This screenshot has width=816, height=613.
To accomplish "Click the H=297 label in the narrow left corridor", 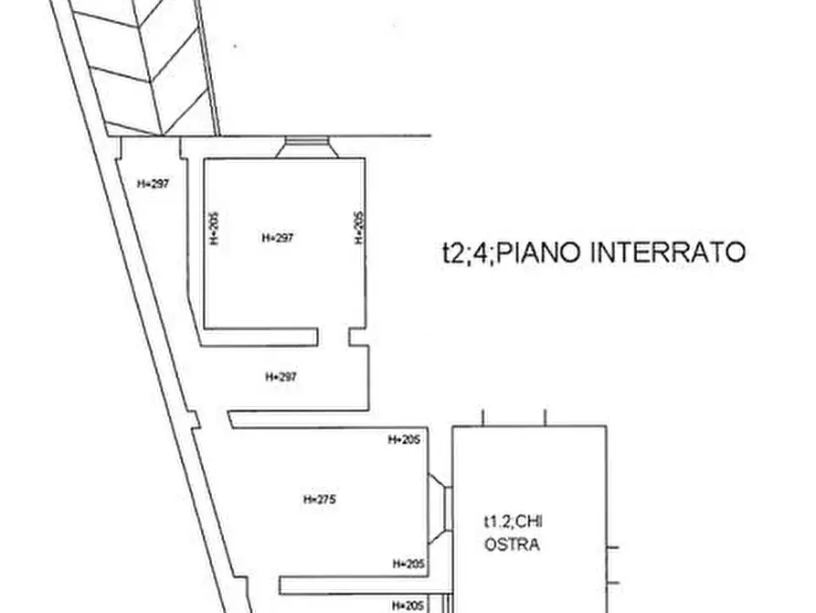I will coord(154,183).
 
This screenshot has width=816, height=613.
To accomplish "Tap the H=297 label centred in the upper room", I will coord(278,238).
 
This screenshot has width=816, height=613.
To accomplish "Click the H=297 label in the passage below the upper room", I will coord(281,376).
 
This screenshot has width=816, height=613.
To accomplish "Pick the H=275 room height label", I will coord(320,500).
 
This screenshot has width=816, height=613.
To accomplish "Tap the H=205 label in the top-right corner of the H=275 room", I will coord(404,440).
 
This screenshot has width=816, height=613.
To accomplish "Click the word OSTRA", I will coord(512,545).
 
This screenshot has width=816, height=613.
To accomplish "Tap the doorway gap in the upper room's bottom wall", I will coord(334,338).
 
